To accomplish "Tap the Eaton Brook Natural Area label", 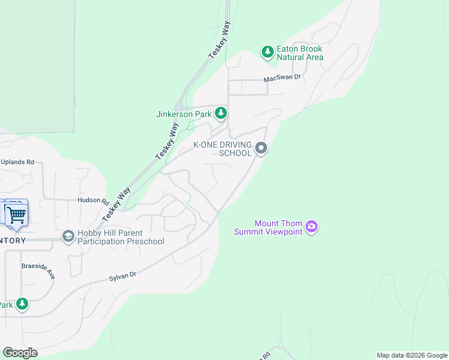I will pos(300,53).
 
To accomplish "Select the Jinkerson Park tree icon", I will pos(221,113).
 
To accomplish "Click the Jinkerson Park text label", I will pos(184,113).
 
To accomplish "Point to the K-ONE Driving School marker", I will pos(261,148).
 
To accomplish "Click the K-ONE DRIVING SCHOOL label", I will pos(221,149).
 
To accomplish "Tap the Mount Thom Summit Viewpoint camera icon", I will pos(312,227).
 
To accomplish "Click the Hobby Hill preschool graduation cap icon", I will pos(68,237).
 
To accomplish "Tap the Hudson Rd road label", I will pos(92,201).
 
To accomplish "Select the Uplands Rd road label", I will pos(17,162).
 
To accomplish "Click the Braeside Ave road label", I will pos(38,270).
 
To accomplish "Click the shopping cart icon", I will pos(16,214).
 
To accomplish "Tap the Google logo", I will pos(20,353).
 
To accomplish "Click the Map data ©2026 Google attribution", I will pos(411,355).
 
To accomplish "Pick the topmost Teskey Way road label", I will pos(220,40).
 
